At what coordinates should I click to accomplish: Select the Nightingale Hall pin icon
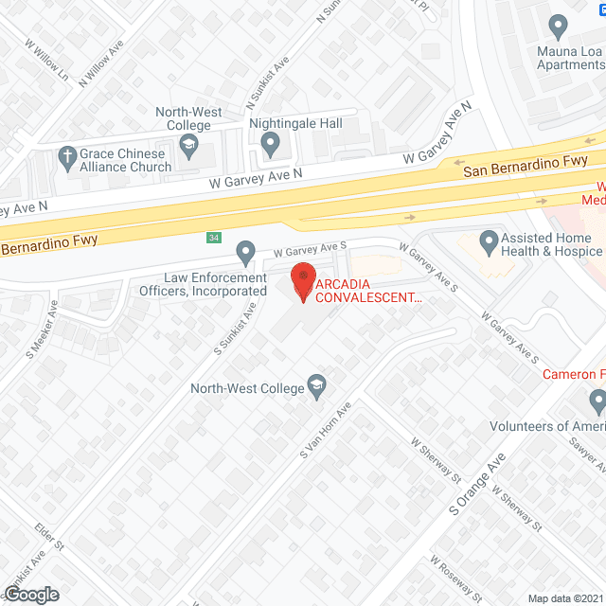(x=270, y=145)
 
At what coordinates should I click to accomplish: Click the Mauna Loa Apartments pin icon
(x=559, y=26)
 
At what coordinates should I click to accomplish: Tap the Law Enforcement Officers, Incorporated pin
(x=246, y=253)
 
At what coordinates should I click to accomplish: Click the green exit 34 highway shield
(x=215, y=237)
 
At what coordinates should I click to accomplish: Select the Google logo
(x=31, y=594)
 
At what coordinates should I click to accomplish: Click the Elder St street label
(x=48, y=535)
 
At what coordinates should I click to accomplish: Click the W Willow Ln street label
(x=48, y=59)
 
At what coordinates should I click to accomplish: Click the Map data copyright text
(x=564, y=597)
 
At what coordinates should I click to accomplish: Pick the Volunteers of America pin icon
(x=597, y=404)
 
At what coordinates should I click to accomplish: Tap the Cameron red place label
(x=574, y=374)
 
